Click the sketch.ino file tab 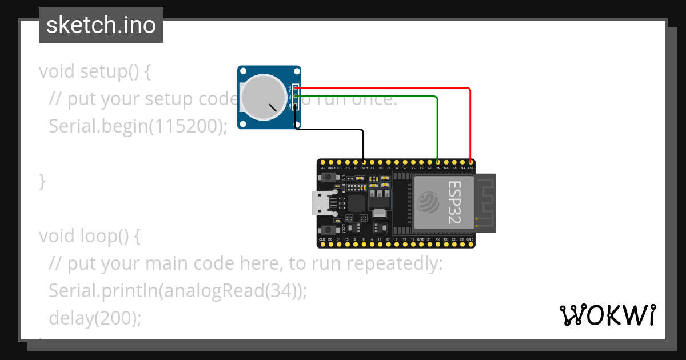(x=101, y=25)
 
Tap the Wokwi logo (x=607, y=315)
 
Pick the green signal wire (x=437, y=126)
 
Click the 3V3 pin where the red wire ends (x=470, y=162)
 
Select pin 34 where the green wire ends (x=438, y=162)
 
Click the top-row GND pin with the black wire (x=364, y=162)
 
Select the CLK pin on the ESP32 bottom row (x=322, y=245)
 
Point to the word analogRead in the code (x=212, y=291)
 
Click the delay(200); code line (x=95, y=318)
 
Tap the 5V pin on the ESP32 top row (x=322, y=162)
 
